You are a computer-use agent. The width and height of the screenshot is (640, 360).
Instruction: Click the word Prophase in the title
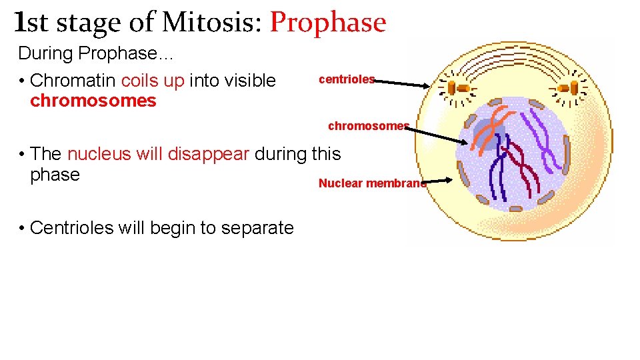[328, 23]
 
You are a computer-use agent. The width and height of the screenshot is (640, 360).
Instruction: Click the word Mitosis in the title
[209, 23]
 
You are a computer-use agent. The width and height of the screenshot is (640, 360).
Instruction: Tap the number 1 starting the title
[20, 23]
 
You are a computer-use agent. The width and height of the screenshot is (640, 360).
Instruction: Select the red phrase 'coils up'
[153, 81]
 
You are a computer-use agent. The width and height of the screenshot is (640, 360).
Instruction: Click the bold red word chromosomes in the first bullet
[93, 101]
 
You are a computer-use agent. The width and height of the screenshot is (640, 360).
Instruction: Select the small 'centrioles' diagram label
[347, 79]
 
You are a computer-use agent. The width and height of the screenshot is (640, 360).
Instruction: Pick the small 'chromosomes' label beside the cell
[367, 126]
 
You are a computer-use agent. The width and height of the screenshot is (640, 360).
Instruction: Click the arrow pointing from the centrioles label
[403, 83]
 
